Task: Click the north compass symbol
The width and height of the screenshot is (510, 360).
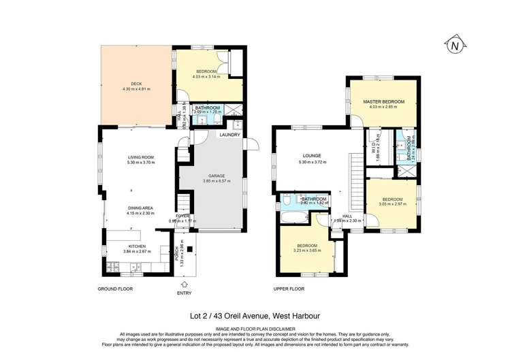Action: [x=453, y=46]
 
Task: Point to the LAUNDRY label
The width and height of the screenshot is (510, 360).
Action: [x=229, y=135]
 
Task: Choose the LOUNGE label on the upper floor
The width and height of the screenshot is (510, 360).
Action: [x=312, y=156]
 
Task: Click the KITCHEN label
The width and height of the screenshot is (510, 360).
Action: [x=138, y=246]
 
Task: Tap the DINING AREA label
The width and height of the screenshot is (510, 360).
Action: [x=140, y=209]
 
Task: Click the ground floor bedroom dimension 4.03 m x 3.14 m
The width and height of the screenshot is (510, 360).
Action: [x=206, y=77]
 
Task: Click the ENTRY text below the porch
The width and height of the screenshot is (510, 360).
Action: [x=184, y=293]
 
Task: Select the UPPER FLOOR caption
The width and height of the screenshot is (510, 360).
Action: [x=289, y=289]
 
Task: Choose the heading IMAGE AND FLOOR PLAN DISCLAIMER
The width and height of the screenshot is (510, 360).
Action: [x=255, y=328]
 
